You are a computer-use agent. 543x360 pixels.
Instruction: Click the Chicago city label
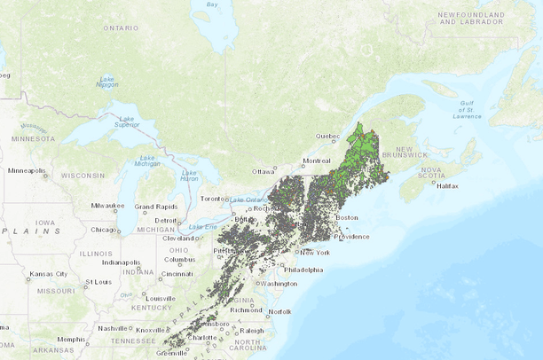point(105,230)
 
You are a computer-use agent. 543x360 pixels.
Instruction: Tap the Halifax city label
point(446,186)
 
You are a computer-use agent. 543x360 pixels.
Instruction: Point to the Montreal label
point(316,160)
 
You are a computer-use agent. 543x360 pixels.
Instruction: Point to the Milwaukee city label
point(109,207)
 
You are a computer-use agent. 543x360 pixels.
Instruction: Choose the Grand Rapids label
point(153,207)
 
